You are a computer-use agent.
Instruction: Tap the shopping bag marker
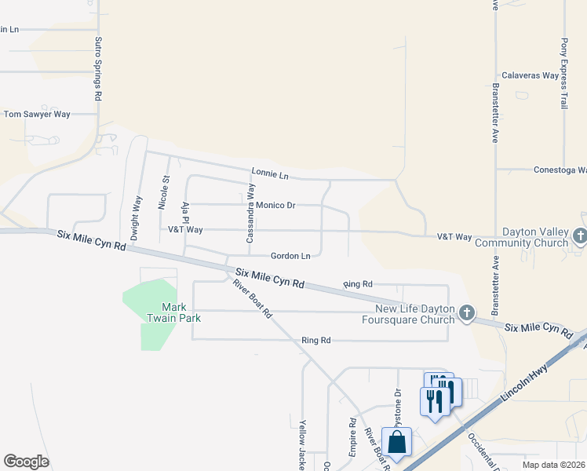click(x=396, y=441)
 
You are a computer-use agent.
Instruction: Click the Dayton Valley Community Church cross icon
click(x=579, y=236)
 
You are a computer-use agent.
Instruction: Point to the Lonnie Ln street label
click(x=270, y=172)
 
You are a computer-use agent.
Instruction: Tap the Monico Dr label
click(x=275, y=206)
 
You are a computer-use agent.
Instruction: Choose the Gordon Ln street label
click(x=290, y=256)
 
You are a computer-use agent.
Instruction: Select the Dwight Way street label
click(x=136, y=217)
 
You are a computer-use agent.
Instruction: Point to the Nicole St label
click(x=164, y=193)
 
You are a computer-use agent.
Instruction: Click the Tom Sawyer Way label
click(x=37, y=115)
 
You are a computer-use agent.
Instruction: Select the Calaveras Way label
click(x=530, y=76)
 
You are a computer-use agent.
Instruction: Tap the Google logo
click(x=26, y=462)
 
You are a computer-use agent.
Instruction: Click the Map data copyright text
click(x=554, y=465)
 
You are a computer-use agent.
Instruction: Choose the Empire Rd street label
click(x=353, y=444)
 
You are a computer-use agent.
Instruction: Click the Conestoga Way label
click(x=560, y=170)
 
